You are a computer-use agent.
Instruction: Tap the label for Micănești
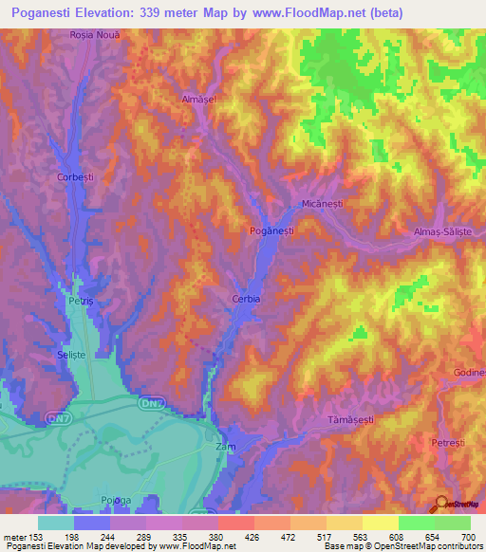[x=314, y=204]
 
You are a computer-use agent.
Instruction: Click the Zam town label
[x=225, y=446]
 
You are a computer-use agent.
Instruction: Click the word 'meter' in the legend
[x=15, y=537]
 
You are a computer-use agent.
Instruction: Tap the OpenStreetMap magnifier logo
[x=440, y=503]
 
